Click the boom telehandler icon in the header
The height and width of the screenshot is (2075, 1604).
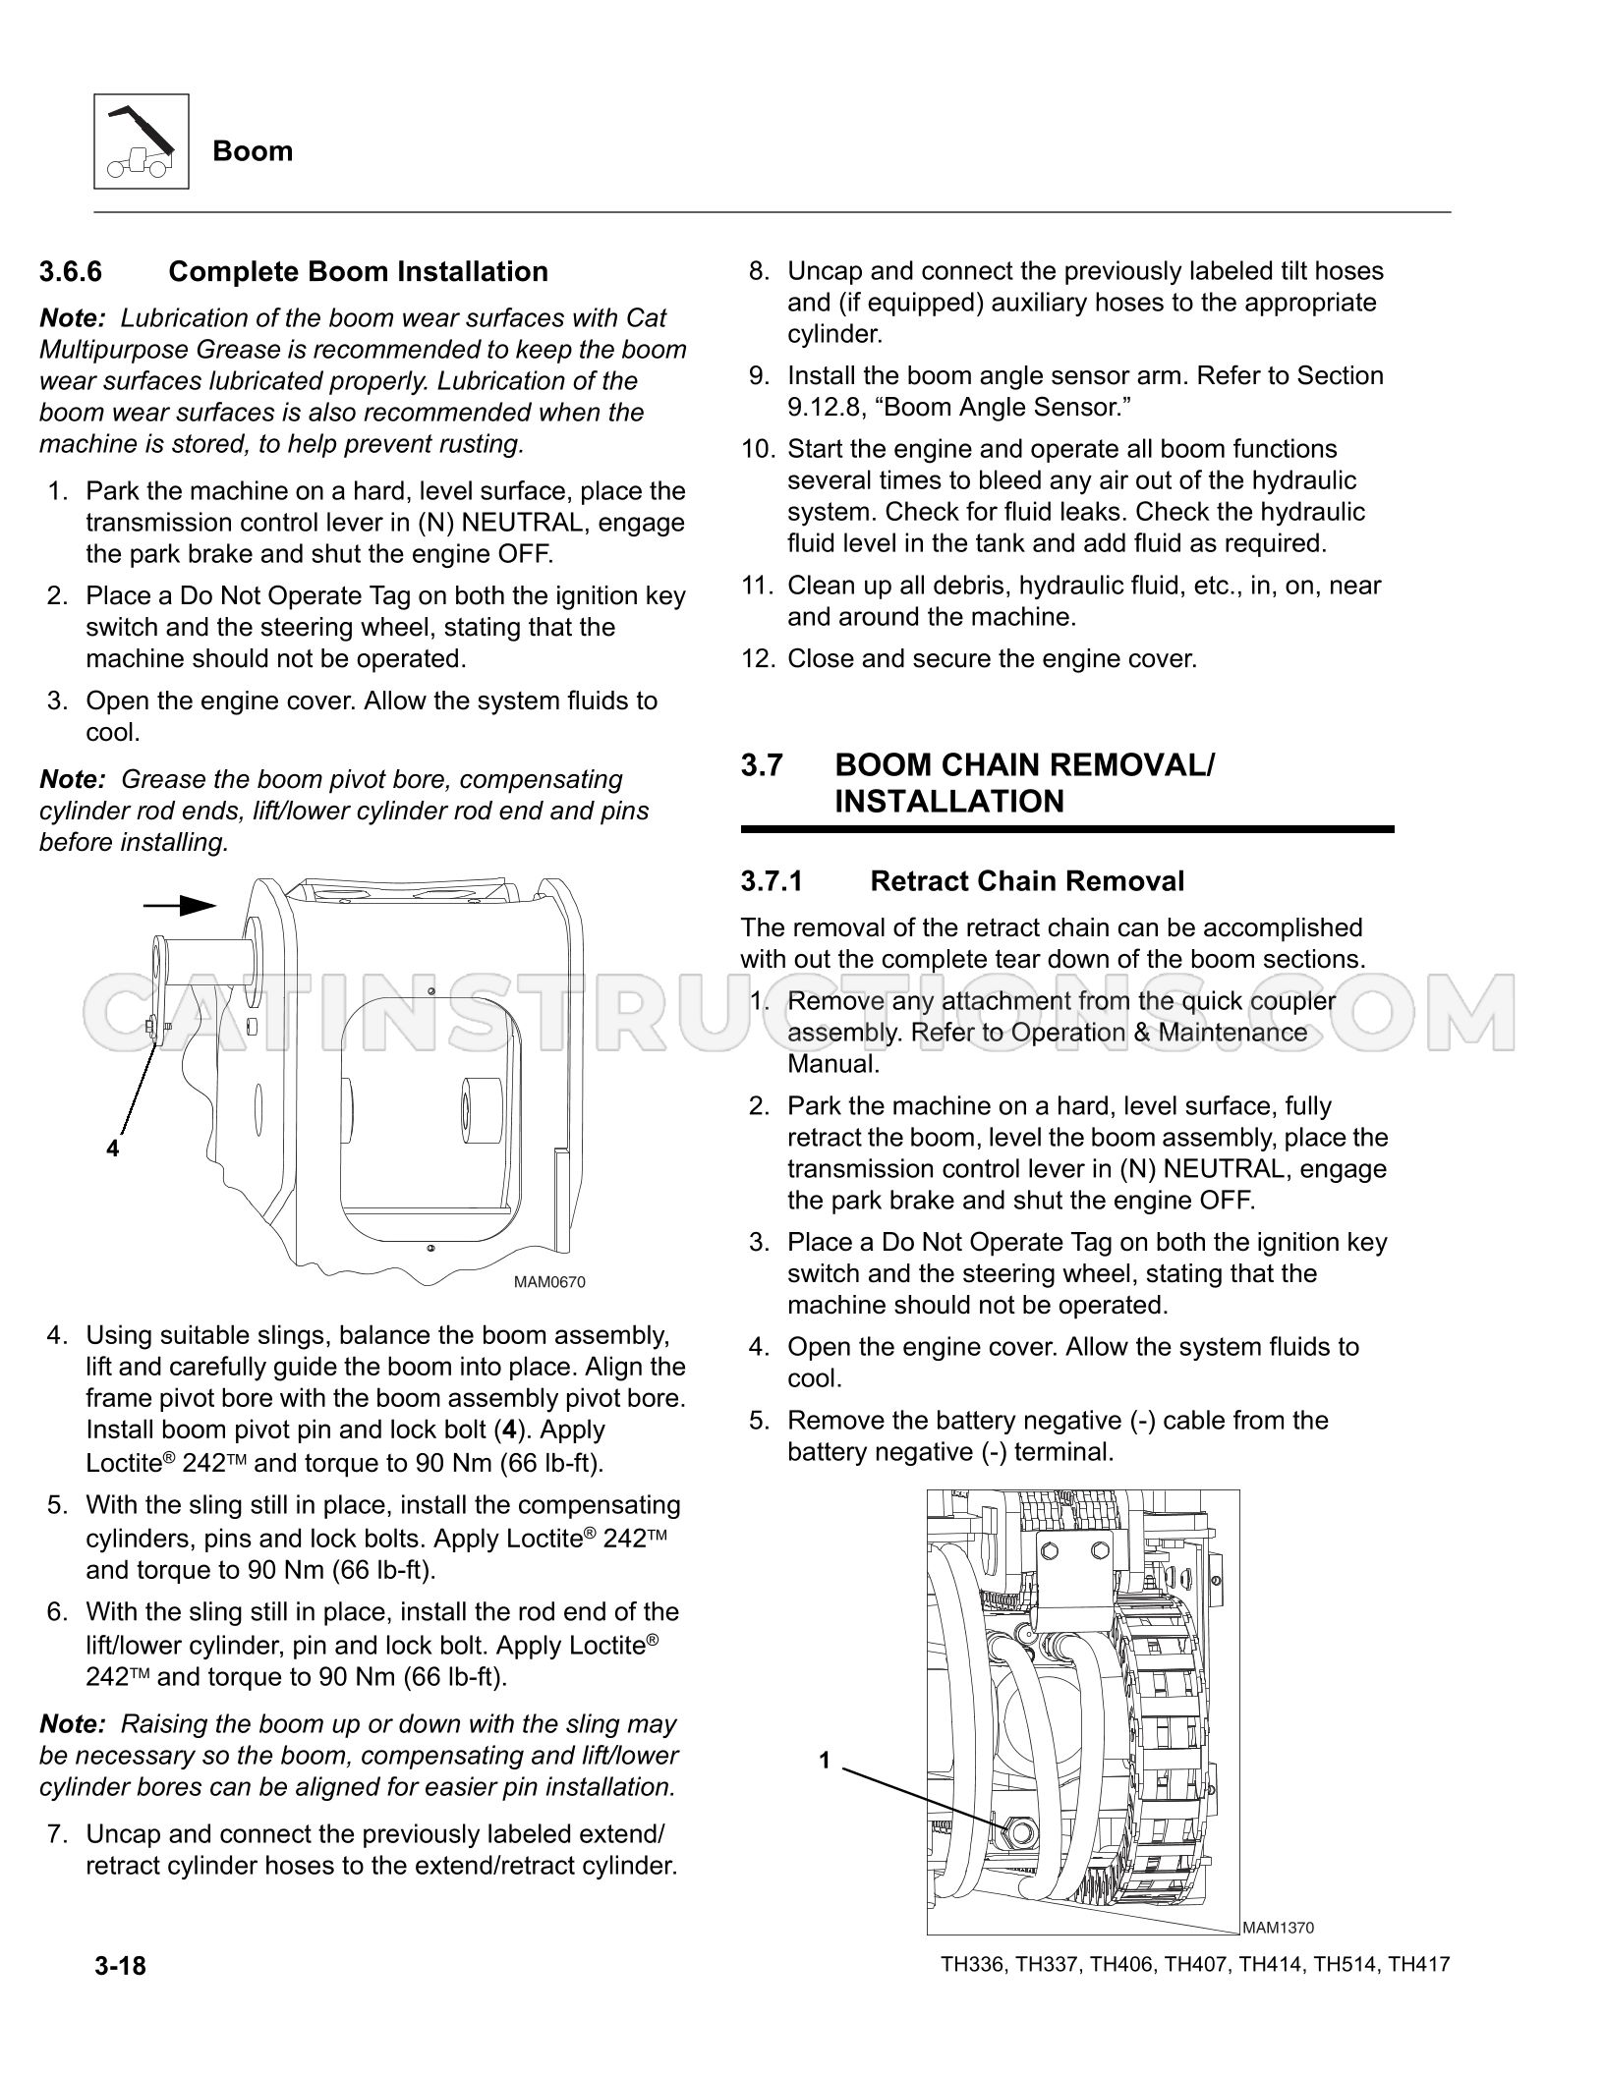click(142, 141)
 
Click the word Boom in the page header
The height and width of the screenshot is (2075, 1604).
click(253, 151)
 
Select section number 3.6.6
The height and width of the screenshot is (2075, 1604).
click(71, 272)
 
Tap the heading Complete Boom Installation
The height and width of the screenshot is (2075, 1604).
click(359, 272)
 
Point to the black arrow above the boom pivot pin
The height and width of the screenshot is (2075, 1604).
click(180, 905)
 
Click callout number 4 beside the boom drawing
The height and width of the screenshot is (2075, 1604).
click(113, 1148)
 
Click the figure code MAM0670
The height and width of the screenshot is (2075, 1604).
click(549, 1283)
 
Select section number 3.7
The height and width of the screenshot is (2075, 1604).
click(762, 765)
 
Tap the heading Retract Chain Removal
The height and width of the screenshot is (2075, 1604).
click(1027, 881)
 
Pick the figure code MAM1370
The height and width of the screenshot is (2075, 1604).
click(1278, 1929)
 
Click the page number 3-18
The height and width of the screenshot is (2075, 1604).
click(120, 1966)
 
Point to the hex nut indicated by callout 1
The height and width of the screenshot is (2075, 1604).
click(1019, 1831)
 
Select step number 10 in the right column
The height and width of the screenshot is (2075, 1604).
click(759, 450)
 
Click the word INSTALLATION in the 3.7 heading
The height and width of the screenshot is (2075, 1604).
click(949, 802)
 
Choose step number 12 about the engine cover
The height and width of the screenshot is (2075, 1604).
click(759, 659)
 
